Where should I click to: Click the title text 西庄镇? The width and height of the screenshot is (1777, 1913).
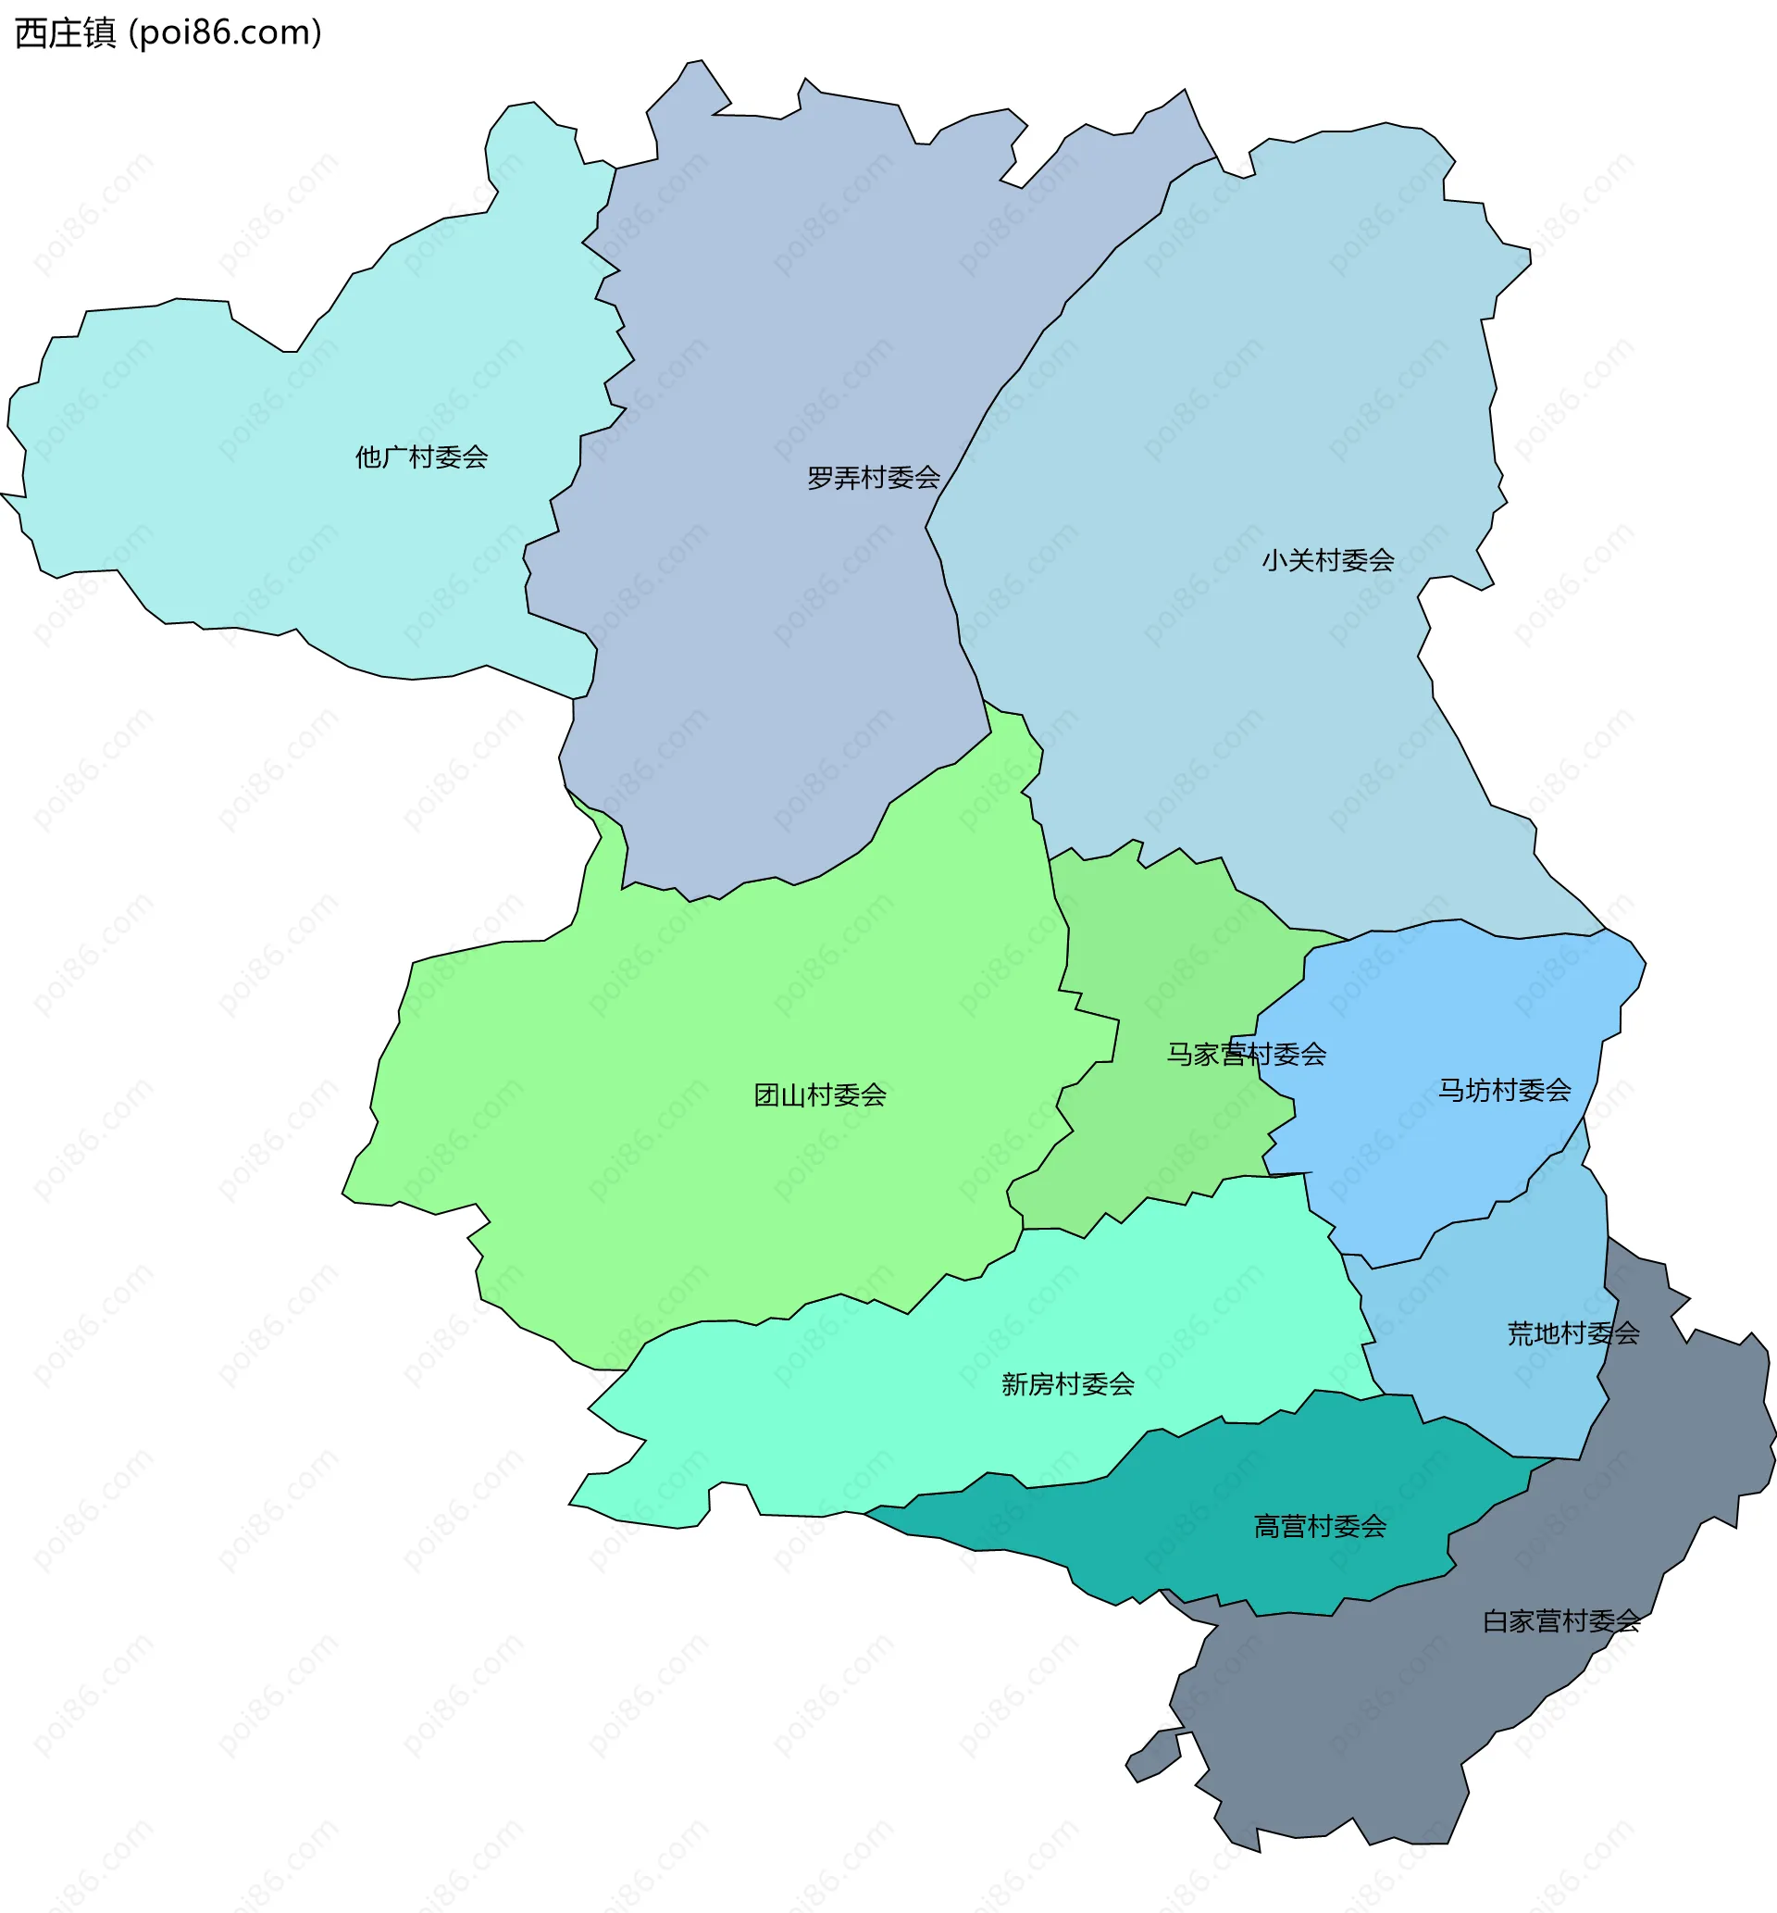(66, 33)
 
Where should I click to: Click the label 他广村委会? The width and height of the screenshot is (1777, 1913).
(421, 456)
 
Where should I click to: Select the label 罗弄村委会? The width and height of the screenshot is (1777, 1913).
(873, 478)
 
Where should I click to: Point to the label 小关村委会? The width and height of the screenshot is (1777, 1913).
(1328, 561)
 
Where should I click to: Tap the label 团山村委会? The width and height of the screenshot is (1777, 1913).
(819, 1095)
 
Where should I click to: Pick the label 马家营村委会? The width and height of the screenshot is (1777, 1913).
(1246, 1055)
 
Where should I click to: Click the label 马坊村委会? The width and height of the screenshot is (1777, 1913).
(1504, 1091)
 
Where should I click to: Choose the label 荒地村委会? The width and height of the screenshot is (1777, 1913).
(1573, 1334)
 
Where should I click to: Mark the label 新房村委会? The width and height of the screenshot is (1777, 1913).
(1067, 1385)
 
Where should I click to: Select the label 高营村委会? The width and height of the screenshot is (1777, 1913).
(1319, 1526)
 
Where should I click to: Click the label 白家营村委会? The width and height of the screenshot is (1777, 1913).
(1560, 1621)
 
